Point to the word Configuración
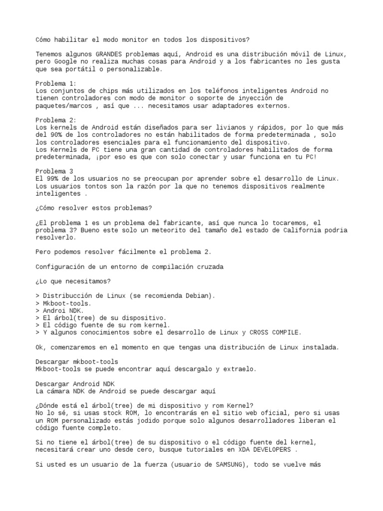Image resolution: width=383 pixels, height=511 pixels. (62, 266)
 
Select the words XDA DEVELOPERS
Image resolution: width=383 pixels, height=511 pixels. (273, 450)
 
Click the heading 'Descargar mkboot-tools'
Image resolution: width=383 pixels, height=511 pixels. (77, 361)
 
